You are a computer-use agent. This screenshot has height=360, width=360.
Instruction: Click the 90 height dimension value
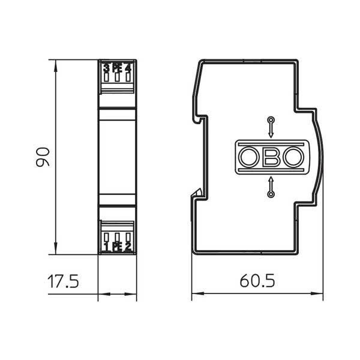(x=43, y=157)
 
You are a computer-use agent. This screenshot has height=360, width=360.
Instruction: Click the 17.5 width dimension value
(x=63, y=281)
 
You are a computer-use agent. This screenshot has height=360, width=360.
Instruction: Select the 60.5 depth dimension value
(x=257, y=281)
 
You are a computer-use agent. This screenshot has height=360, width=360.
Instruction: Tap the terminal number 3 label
(x=106, y=68)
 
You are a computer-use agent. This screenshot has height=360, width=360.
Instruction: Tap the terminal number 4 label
(x=128, y=68)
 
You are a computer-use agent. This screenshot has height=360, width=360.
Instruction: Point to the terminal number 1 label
(x=106, y=247)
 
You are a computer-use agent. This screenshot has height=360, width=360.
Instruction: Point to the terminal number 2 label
(x=128, y=247)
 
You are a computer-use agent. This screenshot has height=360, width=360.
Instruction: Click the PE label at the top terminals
(x=117, y=68)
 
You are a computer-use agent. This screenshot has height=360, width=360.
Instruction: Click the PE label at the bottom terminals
(x=117, y=247)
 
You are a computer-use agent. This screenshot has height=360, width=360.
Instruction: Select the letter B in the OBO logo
(x=271, y=157)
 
